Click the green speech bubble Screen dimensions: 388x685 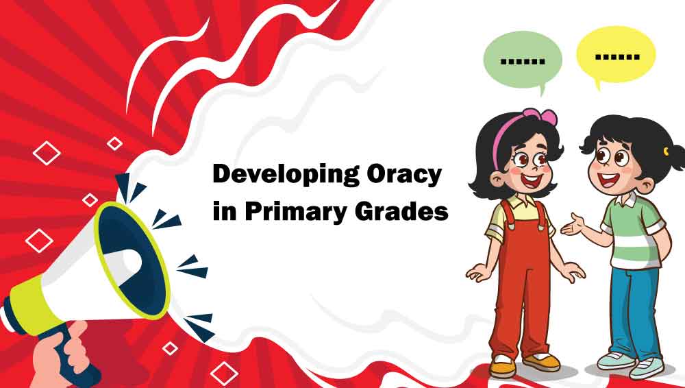(522, 59)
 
